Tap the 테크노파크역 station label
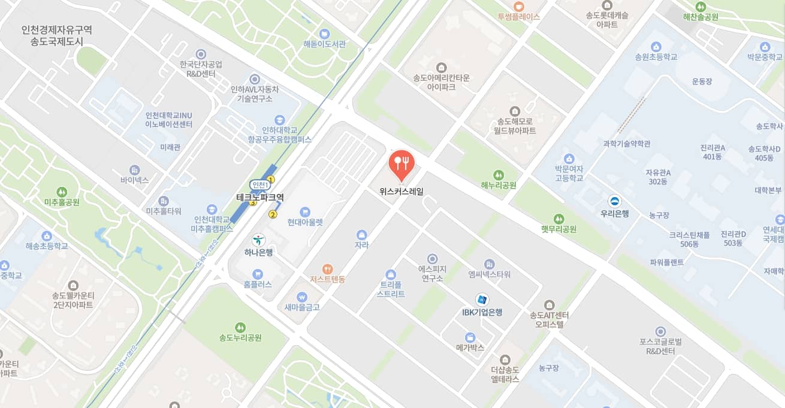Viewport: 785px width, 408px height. click(260, 197)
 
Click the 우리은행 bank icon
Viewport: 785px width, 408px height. click(614, 201)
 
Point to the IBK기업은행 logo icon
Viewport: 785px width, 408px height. click(482, 300)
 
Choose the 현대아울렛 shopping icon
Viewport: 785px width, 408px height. click(305, 211)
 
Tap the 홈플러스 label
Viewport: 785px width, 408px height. click(258, 285)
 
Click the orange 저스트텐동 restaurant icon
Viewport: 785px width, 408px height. click(327, 269)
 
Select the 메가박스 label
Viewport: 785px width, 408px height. click(470, 347)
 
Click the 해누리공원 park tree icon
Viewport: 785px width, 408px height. click(498, 173)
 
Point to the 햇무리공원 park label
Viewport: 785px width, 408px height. click(558, 229)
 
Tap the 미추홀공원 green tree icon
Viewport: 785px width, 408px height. click(62, 191)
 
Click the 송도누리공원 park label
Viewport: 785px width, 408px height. click(240, 337)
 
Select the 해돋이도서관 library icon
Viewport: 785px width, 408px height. click(324, 33)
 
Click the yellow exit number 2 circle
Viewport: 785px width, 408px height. click(273, 214)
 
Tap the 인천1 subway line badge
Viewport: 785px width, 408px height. click(259, 185)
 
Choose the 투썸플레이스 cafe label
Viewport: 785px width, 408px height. click(518, 17)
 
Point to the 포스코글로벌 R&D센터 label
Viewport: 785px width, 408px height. click(660, 346)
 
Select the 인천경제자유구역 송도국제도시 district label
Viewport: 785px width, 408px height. click(57, 36)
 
